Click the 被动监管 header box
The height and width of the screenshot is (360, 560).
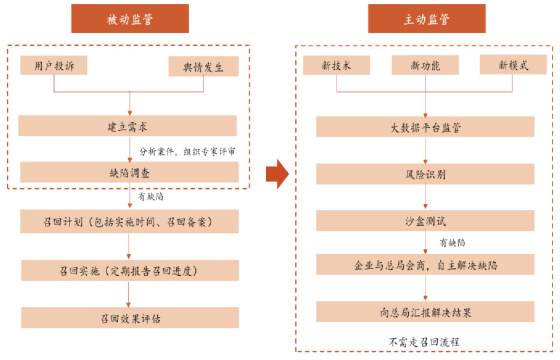pyautogui.click(x=130, y=18)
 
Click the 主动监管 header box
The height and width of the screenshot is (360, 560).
pyautogui.click(x=427, y=18)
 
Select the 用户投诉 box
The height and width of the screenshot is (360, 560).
pyautogui.click(x=54, y=65)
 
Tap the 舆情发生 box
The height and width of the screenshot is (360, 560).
pyautogui.click(x=203, y=66)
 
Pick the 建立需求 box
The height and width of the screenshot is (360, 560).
pyautogui.click(x=128, y=126)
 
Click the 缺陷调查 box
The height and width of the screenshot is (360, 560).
pyautogui.click(x=130, y=172)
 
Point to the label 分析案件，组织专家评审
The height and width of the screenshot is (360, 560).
pyautogui.click(x=187, y=151)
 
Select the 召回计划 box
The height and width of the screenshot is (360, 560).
pyautogui.click(x=130, y=221)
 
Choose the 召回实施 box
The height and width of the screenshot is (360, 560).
pyautogui.click(x=130, y=270)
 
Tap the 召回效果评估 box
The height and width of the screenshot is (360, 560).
pyautogui.click(x=130, y=318)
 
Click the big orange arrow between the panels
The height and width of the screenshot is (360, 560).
pyautogui.click(x=277, y=174)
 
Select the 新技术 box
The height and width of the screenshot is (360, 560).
pyautogui.click(x=337, y=65)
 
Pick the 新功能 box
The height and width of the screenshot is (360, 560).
pyautogui.click(x=425, y=65)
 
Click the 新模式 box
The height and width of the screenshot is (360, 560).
pyautogui.click(x=513, y=64)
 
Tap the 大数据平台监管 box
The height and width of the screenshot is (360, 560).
pyautogui.click(x=425, y=127)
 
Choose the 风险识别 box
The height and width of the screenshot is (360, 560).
pyautogui.click(x=425, y=174)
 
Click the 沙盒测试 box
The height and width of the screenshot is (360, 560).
pyautogui.click(x=425, y=220)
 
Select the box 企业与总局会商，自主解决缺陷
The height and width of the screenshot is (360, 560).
pyautogui.click(x=425, y=264)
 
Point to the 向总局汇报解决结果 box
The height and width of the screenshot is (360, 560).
pyautogui.click(x=425, y=312)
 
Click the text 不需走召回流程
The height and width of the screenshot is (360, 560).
pyautogui.click(x=424, y=342)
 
